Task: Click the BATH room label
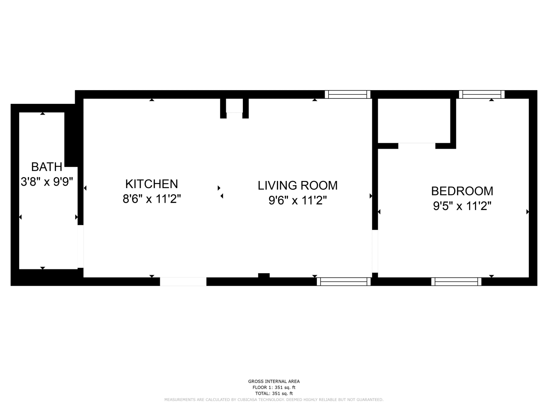(46, 167)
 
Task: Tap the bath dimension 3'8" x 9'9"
(46, 182)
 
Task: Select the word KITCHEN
(152, 184)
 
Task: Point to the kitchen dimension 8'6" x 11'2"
(152, 199)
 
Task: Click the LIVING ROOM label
(298, 186)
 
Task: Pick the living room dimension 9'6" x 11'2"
(298, 201)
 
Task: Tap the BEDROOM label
(462, 191)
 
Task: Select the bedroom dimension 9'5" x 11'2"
(462, 206)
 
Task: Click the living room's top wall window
(347, 95)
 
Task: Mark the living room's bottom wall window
(344, 281)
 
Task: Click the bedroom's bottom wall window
(456, 281)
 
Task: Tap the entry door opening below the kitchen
(183, 281)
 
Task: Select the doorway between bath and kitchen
(81, 247)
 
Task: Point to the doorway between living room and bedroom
(375, 251)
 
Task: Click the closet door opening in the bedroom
(417, 146)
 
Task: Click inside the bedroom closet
(414, 121)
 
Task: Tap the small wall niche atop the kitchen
(235, 105)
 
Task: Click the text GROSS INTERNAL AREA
(274, 381)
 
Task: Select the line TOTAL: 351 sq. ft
(274, 394)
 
